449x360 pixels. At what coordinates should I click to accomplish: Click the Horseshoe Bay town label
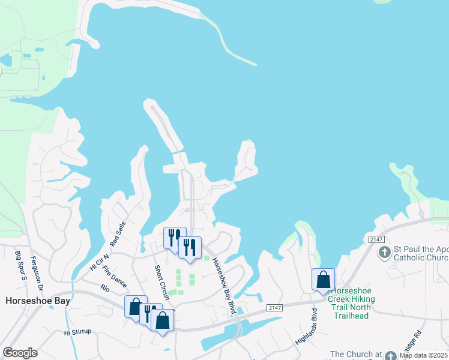point(37,301)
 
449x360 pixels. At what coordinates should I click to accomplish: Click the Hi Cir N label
point(98,259)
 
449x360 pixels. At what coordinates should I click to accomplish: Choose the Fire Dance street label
point(114,277)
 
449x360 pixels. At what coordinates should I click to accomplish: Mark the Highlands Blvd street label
point(306,328)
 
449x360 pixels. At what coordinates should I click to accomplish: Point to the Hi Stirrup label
point(80,332)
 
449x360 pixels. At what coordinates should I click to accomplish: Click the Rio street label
point(106,288)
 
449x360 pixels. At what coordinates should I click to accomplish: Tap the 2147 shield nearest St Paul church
point(375,239)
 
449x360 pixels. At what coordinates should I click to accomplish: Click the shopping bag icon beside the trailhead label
point(323,279)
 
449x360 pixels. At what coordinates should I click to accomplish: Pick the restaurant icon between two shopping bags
point(149,313)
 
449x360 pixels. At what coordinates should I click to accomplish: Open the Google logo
point(20,353)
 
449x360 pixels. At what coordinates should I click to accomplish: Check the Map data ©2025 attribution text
point(424,355)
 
